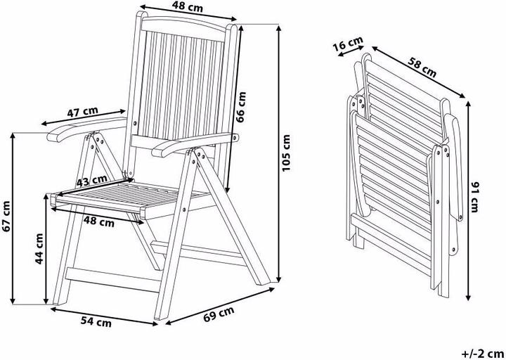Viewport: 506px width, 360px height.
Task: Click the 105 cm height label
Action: (287, 153)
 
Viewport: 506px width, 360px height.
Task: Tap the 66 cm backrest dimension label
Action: (241, 107)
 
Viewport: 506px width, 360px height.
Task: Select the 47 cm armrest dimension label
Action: (82, 112)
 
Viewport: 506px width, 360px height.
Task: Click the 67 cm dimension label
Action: (6, 217)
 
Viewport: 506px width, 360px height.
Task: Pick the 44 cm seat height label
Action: (39, 249)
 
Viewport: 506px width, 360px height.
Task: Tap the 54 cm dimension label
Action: (96, 321)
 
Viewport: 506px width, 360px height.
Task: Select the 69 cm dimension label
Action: (219, 314)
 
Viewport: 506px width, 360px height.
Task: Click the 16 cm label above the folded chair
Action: (348, 44)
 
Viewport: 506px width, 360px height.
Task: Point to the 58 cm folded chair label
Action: (422, 67)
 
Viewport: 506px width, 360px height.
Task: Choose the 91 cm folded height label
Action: (474, 198)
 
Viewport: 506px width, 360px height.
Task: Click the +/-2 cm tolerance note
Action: (482, 352)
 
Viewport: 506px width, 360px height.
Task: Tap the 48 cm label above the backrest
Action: (188, 7)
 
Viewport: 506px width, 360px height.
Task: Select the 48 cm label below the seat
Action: (99, 221)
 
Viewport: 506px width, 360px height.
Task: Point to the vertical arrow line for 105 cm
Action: (279, 154)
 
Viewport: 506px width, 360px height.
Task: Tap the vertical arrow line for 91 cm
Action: (468, 201)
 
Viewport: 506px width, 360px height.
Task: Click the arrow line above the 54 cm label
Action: (104, 316)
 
